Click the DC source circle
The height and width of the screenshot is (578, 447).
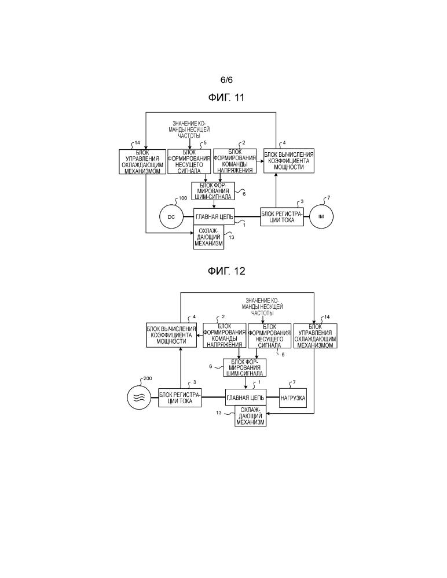click(x=171, y=216)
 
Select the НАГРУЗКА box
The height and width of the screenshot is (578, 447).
click(x=292, y=398)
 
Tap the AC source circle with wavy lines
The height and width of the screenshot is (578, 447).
click(x=139, y=398)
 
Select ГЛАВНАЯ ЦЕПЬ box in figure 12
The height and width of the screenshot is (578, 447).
click(x=245, y=398)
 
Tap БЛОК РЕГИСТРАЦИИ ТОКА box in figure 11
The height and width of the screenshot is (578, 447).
click(x=281, y=216)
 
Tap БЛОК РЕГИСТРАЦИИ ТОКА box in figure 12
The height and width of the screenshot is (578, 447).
click(x=179, y=398)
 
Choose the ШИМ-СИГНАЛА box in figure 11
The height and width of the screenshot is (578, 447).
click(x=212, y=190)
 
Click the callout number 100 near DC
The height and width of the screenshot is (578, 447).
click(x=182, y=198)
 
